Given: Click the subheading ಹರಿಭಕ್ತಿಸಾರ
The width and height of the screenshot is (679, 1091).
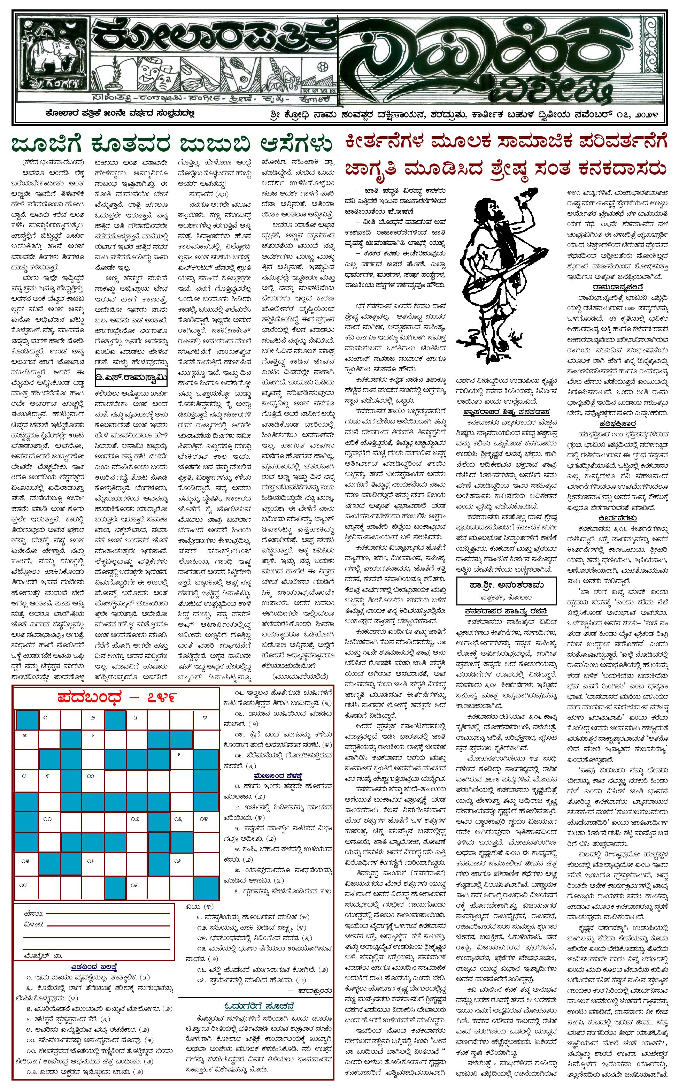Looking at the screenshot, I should click(617, 423).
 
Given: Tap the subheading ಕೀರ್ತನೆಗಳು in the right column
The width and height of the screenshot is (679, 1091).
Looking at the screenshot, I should click(617, 518).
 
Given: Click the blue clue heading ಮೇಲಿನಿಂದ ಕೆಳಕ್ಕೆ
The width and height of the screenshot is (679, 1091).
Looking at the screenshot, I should click(278, 775).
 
